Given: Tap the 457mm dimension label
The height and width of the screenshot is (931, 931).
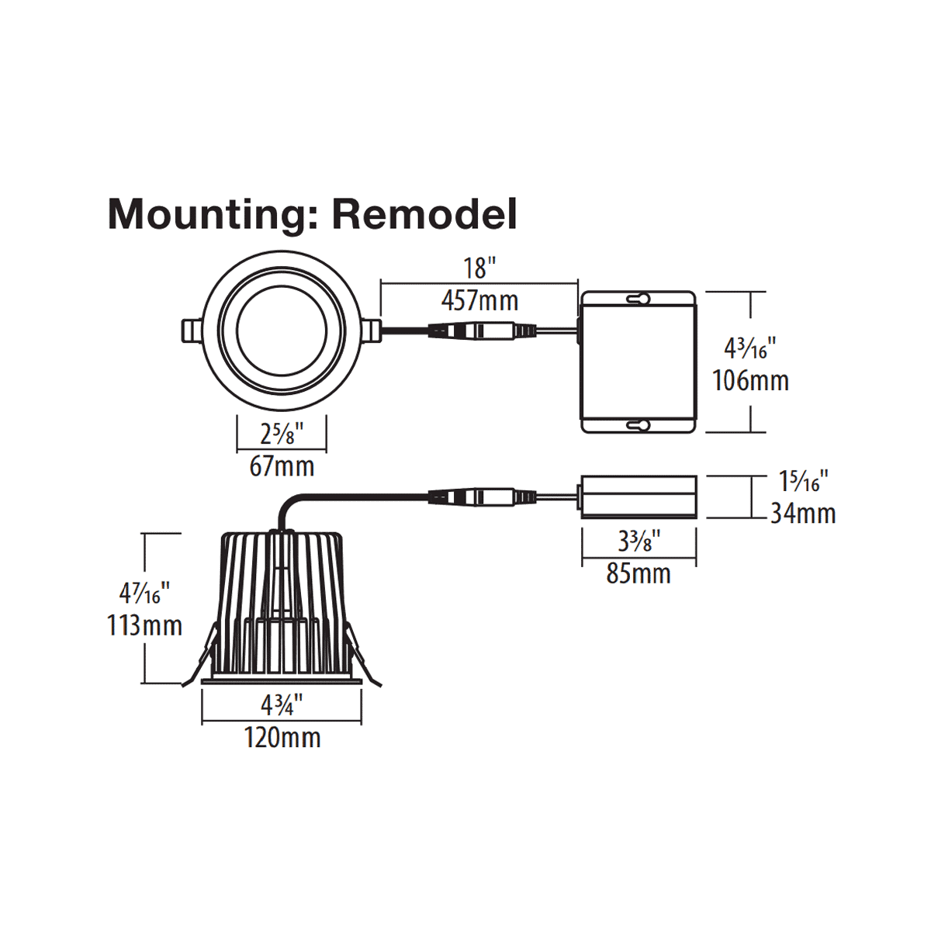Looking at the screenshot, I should tap(479, 301).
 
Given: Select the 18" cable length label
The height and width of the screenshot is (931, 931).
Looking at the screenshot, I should tap(479, 268).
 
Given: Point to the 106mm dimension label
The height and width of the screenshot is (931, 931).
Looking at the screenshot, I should tap(750, 381).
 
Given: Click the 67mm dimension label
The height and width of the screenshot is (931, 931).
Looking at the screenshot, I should tap(282, 466).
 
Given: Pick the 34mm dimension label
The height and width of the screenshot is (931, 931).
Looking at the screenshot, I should tap(803, 513).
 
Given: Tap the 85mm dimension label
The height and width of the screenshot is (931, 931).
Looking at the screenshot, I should tap(639, 574).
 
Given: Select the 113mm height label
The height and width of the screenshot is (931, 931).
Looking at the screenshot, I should tap(144, 625).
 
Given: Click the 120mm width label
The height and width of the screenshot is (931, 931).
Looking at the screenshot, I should tap(282, 737).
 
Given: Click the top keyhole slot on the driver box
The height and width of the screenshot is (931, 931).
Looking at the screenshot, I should tap(639, 299).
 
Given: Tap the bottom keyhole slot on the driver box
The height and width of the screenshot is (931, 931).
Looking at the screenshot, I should tap(639, 425).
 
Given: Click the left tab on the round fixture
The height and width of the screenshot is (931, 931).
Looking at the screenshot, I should tap(189, 331).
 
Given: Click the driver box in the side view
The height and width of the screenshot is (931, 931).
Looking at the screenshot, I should tap(639, 495).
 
